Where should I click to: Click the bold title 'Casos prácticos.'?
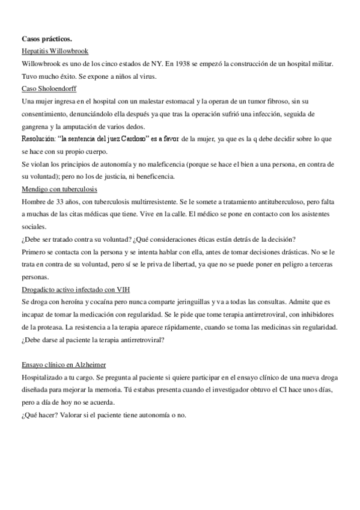point(48,39)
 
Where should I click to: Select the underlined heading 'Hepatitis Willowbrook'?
point(55,51)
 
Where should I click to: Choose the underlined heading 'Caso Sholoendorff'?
point(47,88)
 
